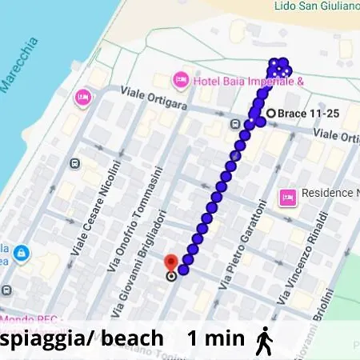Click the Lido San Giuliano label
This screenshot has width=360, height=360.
(x=317, y=6)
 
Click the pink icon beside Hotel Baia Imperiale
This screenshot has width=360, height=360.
(x=181, y=80)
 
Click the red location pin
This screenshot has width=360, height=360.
(x=170, y=263)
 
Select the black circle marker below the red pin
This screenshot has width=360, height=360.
(x=171, y=277)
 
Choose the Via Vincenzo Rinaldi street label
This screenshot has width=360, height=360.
(x=302, y=258)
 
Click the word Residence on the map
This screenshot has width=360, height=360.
(x=328, y=194)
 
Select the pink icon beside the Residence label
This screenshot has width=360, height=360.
(x=287, y=196)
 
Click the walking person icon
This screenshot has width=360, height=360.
(x=263, y=340)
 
